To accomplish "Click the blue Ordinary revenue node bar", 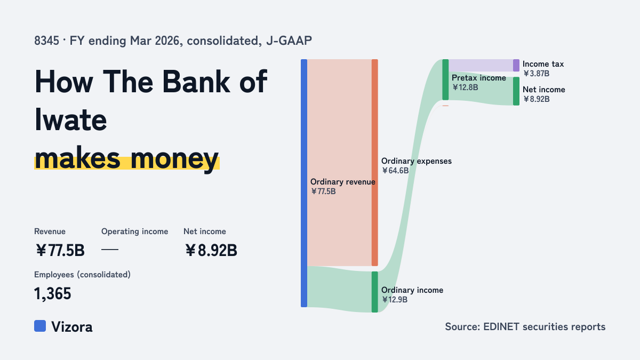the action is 304,183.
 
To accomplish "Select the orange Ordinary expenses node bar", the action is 374,163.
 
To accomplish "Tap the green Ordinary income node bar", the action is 374,292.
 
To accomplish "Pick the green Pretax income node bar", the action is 445,79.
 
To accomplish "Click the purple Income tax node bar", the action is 516,66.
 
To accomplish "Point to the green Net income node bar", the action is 516,91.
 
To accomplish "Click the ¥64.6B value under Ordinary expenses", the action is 395,171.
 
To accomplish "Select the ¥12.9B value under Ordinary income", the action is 395,300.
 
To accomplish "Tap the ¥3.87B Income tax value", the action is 537,74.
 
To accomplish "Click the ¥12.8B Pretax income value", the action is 465,87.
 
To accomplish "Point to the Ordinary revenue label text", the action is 342,182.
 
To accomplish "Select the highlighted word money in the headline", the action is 175,158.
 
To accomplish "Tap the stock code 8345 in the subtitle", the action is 46,41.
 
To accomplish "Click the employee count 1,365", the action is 53,294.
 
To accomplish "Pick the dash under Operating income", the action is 110,250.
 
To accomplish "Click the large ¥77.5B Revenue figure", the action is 60,250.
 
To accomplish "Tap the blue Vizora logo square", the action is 40,326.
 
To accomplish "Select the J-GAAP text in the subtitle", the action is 289,41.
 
